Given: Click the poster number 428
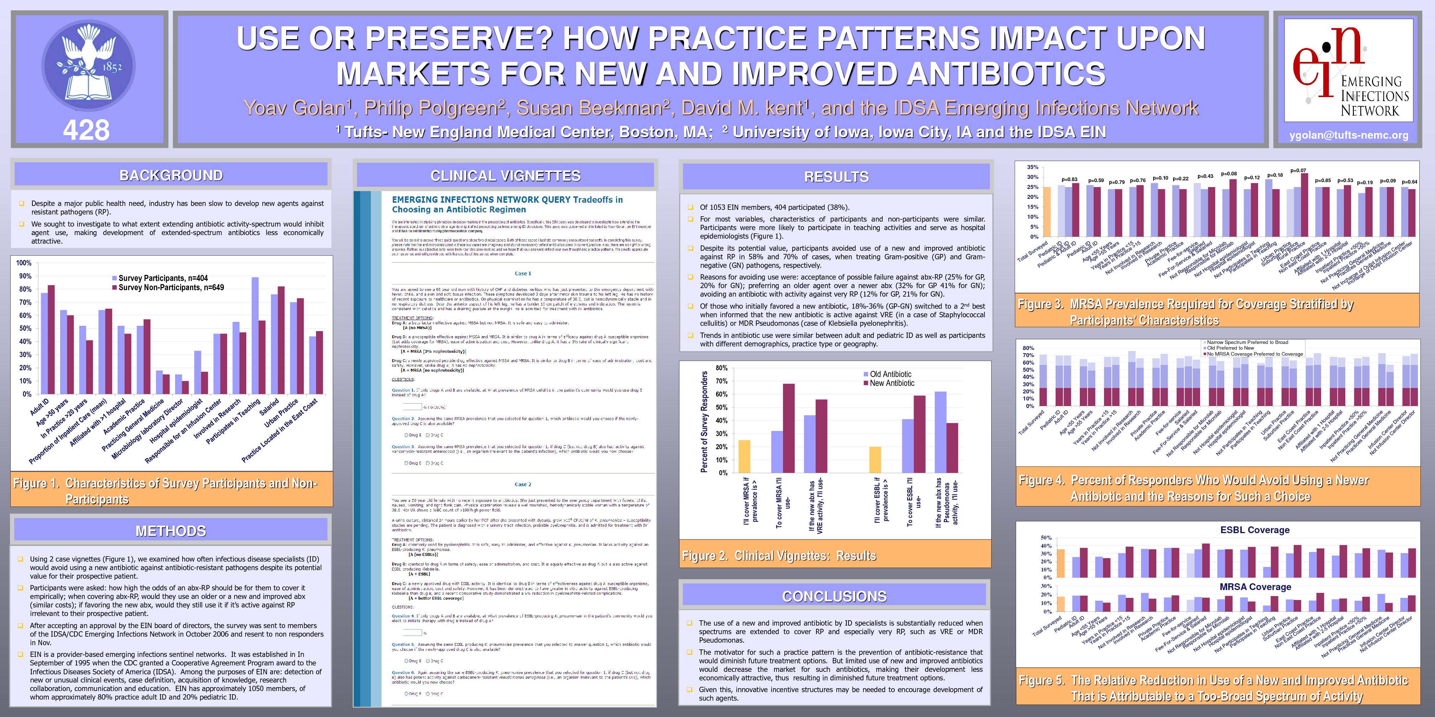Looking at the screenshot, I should pyautogui.click(x=86, y=130).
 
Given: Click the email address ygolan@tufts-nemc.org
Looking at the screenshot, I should pyautogui.click(x=1348, y=135).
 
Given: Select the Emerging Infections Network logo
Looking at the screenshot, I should pyautogui.click(x=1348, y=71).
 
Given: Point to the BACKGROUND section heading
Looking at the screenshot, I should pyautogui.click(x=171, y=175).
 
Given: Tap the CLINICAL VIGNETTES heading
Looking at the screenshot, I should pyautogui.click(x=505, y=176).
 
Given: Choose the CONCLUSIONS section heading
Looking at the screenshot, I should pyautogui.click(x=834, y=596).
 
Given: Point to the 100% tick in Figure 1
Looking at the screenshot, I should pyautogui.click(x=24, y=263).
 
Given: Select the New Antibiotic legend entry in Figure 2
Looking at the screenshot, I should pyautogui.click(x=891, y=383).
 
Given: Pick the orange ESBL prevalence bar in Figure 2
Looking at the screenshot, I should pyautogui.click(x=875, y=459).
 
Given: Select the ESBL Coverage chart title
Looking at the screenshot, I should pyautogui.click(x=1255, y=530).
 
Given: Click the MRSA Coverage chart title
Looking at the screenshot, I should pyautogui.click(x=1255, y=587).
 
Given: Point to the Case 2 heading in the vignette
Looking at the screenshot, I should pyautogui.click(x=522, y=484).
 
